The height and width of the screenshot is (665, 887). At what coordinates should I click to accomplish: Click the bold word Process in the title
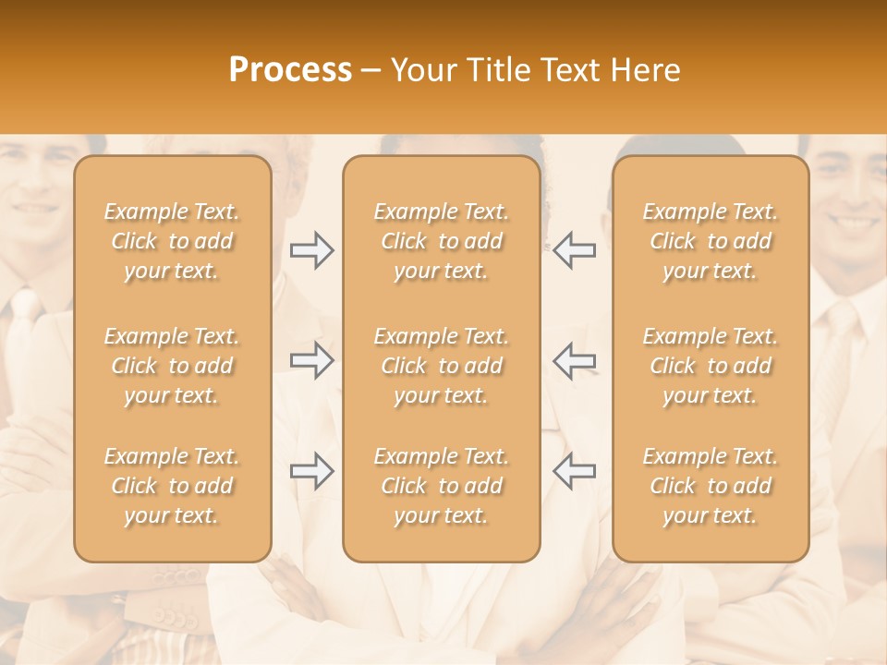[290, 70]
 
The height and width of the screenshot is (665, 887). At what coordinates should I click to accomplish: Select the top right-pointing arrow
[312, 250]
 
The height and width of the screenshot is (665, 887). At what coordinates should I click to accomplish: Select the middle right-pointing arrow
[312, 360]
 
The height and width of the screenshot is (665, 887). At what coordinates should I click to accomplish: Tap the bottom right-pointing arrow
[312, 471]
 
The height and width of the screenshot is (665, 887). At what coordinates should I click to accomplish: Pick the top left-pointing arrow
[574, 250]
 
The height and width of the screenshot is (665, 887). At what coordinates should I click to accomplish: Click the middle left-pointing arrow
[574, 360]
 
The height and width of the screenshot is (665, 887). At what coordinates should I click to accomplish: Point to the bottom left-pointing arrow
[574, 471]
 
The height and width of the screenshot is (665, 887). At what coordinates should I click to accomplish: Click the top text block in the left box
[172, 241]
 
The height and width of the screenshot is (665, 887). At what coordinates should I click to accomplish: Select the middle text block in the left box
[172, 366]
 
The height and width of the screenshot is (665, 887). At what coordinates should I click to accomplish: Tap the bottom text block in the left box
[172, 486]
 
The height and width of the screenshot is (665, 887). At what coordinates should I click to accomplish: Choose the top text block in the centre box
[441, 241]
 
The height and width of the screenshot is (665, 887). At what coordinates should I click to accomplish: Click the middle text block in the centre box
[441, 366]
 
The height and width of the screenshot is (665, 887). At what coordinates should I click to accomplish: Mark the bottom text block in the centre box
[441, 486]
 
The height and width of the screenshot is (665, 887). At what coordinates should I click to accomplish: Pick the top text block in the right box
[710, 241]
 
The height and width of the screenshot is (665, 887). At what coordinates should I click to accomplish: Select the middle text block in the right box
[710, 366]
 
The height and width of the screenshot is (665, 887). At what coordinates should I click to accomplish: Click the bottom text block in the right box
[710, 486]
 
